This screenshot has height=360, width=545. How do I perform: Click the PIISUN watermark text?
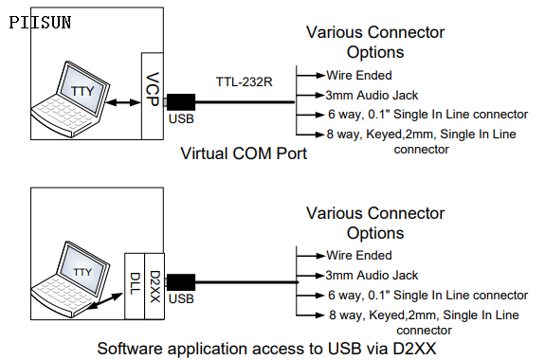point(40,23)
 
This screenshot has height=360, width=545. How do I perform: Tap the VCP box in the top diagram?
point(153,96)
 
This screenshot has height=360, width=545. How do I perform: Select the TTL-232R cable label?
point(244,82)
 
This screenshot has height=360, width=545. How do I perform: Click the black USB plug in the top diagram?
point(181,102)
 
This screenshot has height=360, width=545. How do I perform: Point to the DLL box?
point(135,286)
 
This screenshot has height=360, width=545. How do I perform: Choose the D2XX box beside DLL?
point(154,286)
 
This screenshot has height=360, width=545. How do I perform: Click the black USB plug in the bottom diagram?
point(181,282)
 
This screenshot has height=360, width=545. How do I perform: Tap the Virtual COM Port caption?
point(244,153)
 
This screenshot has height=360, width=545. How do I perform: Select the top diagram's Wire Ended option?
point(359,76)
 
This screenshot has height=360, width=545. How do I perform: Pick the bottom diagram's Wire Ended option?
point(359,256)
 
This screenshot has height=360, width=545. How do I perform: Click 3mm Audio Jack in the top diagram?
point(372,96)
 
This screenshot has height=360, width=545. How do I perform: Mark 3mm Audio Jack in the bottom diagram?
point(372,276)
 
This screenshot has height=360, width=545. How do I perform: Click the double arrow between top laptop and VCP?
point(123,102)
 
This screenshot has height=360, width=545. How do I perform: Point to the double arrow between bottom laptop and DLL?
point(104,301)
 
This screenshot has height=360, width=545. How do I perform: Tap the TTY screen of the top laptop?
point(82,91)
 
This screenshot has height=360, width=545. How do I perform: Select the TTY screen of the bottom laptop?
point(82,271)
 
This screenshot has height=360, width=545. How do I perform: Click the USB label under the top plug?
point(181,118)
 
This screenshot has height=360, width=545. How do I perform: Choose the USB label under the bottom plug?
point(181,298)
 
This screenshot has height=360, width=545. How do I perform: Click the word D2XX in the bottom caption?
point(414,349)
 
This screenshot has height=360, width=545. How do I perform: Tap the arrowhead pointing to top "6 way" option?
point(319,115)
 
